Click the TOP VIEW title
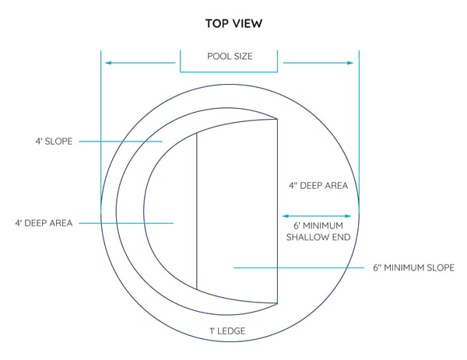point(233,23)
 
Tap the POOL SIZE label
point(230,56)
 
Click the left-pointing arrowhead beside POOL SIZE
point(108,63)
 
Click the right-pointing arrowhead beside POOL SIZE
point(350,63)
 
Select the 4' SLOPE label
point(54,141)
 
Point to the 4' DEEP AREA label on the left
point(44,223)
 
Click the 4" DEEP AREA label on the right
point(318,186)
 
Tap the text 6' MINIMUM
point(318,225)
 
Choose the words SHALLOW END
point(318,237)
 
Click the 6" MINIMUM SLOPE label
point(414,267)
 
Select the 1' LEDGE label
point(227,331)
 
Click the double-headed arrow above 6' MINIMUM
point(317,216)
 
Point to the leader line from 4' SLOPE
point(121,142)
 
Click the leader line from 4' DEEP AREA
point(126,223)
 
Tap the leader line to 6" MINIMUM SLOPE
point(299,267)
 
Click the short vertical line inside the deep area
point(197,211)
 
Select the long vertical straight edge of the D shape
point(278,211)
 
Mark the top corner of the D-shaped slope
point(278,119)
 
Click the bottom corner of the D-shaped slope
point(278,303)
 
